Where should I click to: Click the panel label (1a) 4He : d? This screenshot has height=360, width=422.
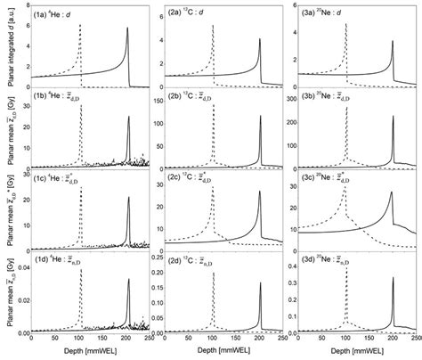pos(56,14)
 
